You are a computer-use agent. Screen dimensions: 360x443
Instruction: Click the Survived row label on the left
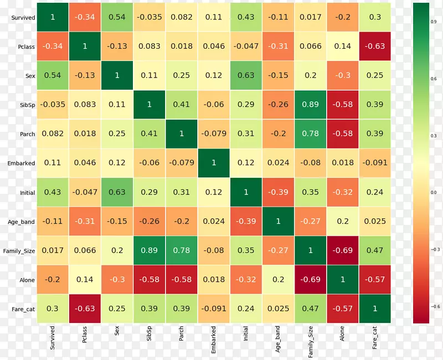(23, 18)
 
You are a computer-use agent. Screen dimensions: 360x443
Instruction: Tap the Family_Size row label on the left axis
(19, 251)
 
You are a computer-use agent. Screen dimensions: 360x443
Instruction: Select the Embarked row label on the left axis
(22, 163)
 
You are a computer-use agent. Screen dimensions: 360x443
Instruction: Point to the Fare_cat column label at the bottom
(375, 337)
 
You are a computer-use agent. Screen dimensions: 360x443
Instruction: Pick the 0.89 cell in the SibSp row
(310, 105)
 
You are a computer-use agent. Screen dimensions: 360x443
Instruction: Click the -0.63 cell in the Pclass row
(375, 47)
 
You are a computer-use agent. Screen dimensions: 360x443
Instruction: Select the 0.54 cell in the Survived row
(117, 17)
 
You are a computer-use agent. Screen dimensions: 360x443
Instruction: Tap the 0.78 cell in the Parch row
(310, 134)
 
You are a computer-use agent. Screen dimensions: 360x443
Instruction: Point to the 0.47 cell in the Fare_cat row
(310, 308)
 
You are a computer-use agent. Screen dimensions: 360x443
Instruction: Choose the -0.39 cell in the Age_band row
(246, 222)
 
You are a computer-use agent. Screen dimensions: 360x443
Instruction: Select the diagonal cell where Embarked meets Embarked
(214, 163)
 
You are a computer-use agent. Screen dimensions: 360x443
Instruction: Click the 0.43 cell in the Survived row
(246, 17)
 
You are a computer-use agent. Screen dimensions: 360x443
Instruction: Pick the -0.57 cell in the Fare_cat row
(343, 308)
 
